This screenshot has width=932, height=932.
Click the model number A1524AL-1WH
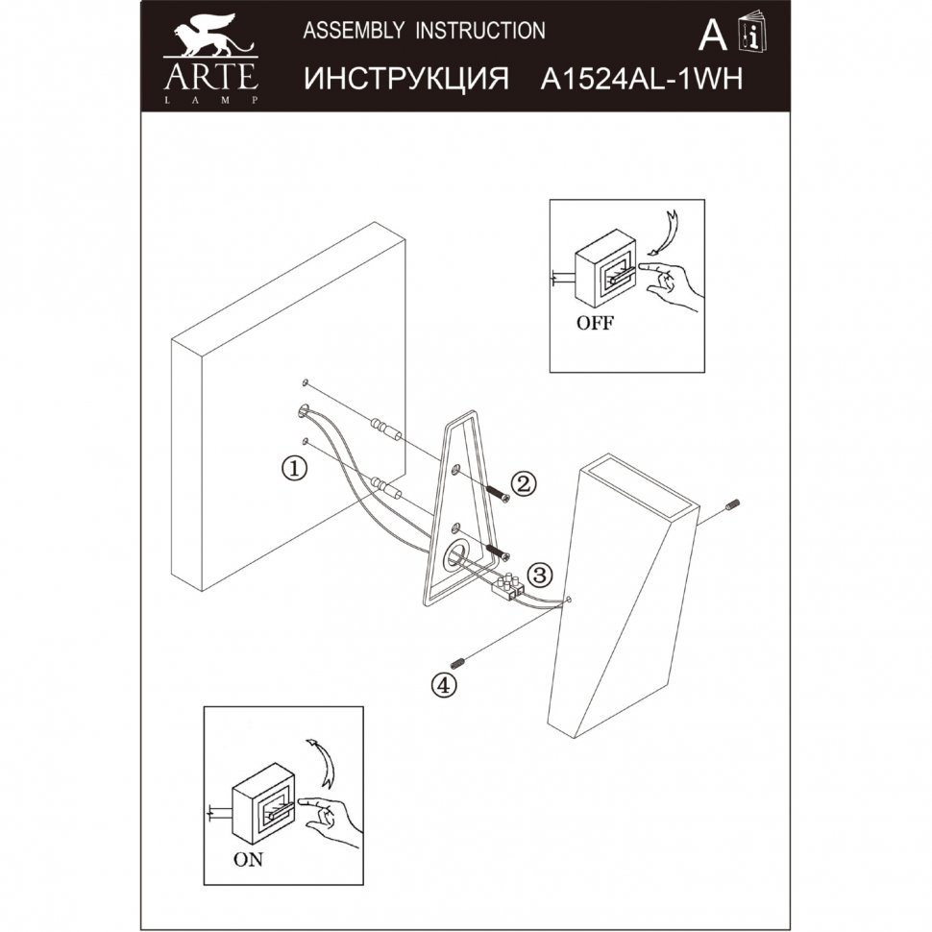point(642,79)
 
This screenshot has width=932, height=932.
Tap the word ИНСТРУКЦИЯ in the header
point(406,79)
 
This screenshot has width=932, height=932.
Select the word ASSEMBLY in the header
point(354,30)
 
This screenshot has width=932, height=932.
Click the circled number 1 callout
point(294,468)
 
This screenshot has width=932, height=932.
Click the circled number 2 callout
point(523,484)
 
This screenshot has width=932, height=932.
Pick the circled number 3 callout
point(540,575)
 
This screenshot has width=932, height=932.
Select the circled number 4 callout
point(444,685)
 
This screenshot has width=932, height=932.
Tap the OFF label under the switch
point(595,324)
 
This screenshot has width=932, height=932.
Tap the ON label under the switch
point(248,860)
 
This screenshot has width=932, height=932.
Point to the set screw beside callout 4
point(457,662)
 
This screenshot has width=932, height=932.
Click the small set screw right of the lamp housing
point(732,505)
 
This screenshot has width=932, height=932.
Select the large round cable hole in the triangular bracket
point(454,557)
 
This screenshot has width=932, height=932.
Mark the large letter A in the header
point(713,35)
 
